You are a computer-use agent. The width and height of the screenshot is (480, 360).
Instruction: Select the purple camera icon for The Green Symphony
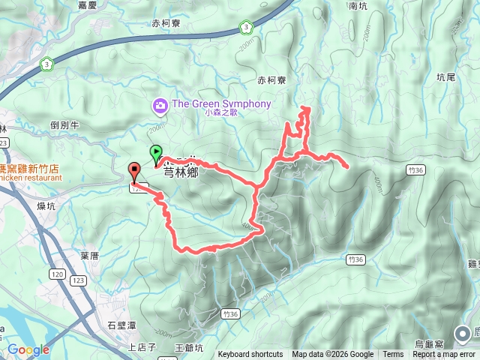(160, 106)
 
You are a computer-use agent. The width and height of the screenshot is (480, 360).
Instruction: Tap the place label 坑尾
(446, 76)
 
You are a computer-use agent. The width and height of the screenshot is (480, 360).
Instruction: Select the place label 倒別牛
(64, 125)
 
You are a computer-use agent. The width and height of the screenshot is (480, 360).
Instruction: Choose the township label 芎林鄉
(180, 169)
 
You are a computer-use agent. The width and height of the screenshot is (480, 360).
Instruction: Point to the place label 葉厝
(89, 256)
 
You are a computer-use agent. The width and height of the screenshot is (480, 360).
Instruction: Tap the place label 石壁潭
(121, 325)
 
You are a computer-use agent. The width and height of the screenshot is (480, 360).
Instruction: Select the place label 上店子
(142, 346)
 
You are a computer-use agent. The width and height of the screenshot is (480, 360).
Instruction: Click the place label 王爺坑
(188, 347)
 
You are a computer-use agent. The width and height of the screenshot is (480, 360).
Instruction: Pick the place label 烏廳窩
(430, 343)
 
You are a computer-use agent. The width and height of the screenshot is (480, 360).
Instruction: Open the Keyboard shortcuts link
(250, 355)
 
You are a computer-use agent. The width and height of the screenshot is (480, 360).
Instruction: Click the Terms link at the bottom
(393, 355)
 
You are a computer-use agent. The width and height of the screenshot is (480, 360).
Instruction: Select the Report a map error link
(444, 355)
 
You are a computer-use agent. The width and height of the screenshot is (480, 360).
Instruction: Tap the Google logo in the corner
(28, 349)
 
